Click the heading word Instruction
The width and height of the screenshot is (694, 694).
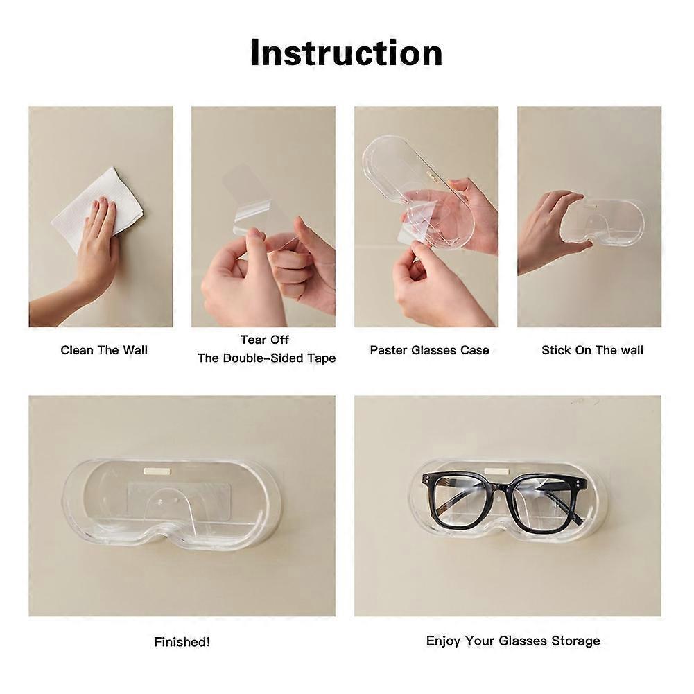tap(347, 53)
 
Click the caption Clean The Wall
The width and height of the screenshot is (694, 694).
tap(104, 350)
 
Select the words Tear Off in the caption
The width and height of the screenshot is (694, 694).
tap(265, 340)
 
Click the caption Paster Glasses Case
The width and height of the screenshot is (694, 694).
tap(429, 350)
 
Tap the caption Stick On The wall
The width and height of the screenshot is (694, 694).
tap(592, 350)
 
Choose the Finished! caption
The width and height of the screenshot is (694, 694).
tap(182, 641)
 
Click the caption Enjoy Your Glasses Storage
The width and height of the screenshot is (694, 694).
tap(513, 641)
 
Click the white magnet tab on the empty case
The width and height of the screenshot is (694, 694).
tap(157, 471)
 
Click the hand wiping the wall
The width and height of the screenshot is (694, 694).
tap(95, 248)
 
